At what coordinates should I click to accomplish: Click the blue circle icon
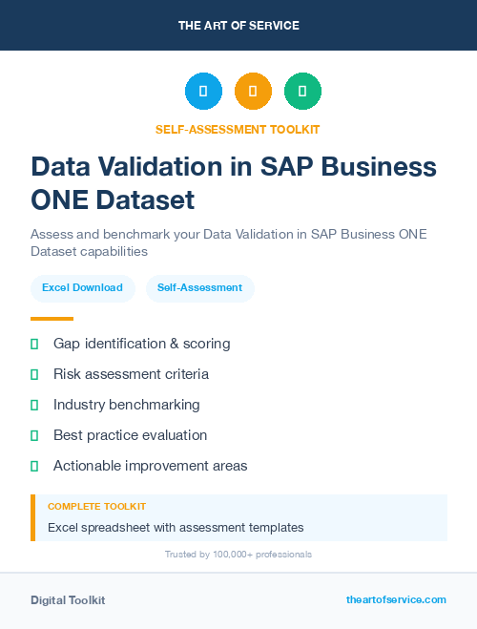203,92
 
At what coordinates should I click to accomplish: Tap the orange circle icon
253,92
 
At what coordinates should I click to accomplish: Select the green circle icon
302,92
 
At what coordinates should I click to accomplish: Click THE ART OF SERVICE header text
238,25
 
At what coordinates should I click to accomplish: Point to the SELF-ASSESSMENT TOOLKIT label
238,129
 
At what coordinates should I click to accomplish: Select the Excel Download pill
82,287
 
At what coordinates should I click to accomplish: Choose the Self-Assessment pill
199,287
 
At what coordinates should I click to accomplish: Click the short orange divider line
52,319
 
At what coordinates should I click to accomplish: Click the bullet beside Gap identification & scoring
34,344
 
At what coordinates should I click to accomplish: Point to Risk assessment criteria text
131,374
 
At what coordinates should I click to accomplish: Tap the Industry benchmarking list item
126,405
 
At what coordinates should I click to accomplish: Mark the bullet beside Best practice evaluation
34,435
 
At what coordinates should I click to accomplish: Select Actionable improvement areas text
150,466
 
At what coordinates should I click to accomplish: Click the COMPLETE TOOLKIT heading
96,506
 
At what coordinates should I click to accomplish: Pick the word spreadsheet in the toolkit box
117,527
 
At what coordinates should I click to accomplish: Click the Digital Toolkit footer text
68,600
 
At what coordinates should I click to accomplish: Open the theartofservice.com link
396,599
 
